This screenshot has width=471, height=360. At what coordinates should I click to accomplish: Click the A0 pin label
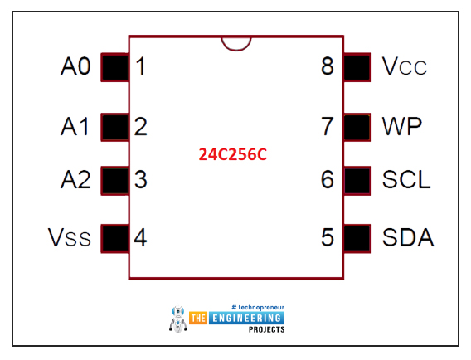point(75,66)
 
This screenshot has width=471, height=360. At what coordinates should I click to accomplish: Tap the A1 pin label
point(75,127)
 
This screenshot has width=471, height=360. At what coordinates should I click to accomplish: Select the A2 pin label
point(75,180)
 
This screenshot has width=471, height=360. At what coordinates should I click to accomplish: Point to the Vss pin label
point(70,237)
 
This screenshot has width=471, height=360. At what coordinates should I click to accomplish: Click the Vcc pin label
point(405,66)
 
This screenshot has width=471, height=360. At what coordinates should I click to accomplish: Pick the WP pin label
point(402,127)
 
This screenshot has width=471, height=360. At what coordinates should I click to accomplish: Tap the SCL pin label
point(406,180)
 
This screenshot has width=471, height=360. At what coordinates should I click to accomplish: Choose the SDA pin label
point(408,237)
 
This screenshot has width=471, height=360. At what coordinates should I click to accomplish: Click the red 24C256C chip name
point(233,154)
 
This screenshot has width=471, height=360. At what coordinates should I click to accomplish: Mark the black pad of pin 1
point(115,67)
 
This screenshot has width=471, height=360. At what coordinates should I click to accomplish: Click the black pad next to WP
point(357,127)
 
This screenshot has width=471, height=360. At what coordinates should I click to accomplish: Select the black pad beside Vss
point(115,239)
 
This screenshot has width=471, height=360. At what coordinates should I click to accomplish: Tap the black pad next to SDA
point(357,239)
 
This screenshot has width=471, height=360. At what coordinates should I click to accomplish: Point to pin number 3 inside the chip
point(141,180)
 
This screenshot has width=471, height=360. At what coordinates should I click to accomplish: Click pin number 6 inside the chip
point(328,180)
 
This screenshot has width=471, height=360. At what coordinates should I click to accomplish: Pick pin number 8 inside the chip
point(328,66)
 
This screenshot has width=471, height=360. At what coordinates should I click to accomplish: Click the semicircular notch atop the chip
point(236,49)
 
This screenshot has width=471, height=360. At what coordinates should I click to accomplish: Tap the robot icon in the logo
point(177,319)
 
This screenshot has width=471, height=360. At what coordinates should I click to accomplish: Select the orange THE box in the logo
point(198,318)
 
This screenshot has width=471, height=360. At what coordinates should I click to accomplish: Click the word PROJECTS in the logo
point(267,329)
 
